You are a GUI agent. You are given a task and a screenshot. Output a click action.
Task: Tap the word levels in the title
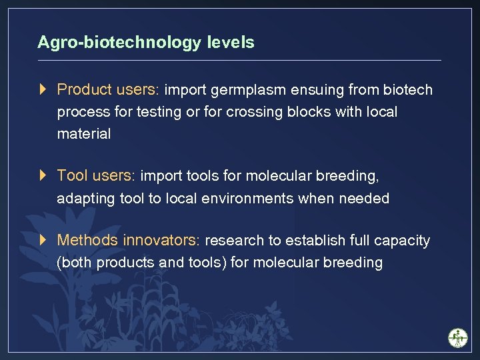click(x=231, y=43)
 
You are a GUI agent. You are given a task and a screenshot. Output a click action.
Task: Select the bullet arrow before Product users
click(x=43, y=89)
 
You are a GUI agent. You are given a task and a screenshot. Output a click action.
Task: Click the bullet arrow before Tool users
click(x=43, y=175)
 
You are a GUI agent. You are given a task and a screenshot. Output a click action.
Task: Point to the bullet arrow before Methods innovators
click(x=43, y=240)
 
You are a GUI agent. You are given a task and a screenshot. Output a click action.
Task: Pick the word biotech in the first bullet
click(x=410, y=89)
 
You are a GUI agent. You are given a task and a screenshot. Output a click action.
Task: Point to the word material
click(x=84, y=134)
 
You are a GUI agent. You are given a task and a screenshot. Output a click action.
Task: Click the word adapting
click(x=85, y=199)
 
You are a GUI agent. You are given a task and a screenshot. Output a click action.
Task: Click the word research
click(x=236, y=241)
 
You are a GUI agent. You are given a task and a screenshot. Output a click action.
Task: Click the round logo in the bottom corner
click(x=458, y=337)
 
